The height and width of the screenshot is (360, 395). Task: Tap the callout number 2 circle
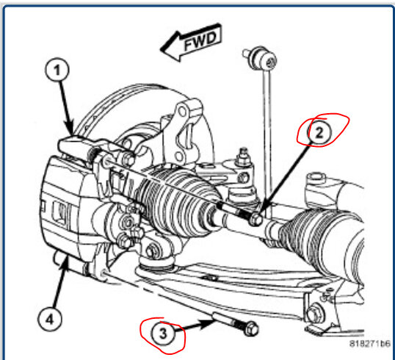point(319,132)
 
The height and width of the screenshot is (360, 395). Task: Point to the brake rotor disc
point(125,118)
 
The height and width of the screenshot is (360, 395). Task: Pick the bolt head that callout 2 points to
point(254,219)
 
